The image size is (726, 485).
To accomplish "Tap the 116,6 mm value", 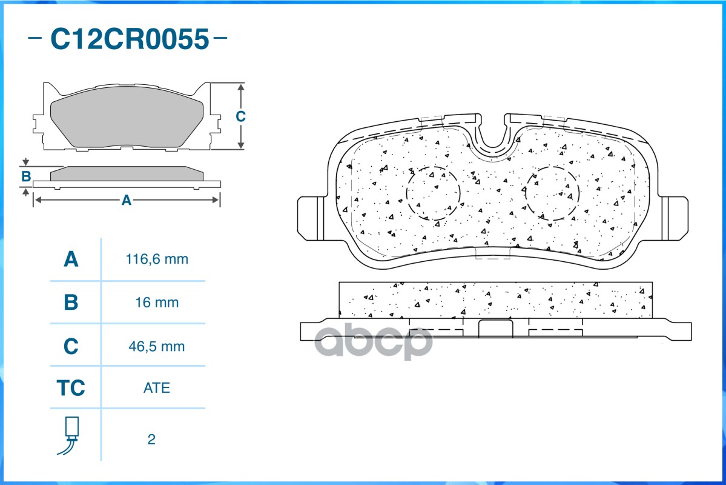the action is pyautogui.click(x=157, y=259).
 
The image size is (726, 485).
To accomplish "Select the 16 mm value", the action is pyautogui.click(x=157, y=302).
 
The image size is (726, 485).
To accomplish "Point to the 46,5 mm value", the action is pyautogui.click(x=157, y=347).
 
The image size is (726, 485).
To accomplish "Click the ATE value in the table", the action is pyautogui.click(x=157, y=387).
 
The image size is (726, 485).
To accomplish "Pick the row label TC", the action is pyautogui.click(x=71, y=387).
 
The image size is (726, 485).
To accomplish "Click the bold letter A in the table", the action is pyautogui.click(x=71, y=259).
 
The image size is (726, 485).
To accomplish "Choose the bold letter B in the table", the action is pyautogui.click(x=71, y=302).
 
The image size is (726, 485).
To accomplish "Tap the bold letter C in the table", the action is pyautogui.click(x=71, y=347).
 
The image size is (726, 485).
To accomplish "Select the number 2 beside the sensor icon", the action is pyautogui.click(x=151, y=440).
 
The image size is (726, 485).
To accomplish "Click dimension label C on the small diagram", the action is pyautogui.click(x=240, y=116).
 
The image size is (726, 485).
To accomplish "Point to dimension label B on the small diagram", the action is pyautogui.click(x=26, y=176).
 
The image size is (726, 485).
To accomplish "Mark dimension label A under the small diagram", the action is pyautogui.click(x=127, y=200).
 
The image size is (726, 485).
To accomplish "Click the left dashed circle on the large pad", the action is pyautogui.click(x=433, y=193).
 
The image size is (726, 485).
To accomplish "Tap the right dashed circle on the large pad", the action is pyautogui.click(x=552, y=193).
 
